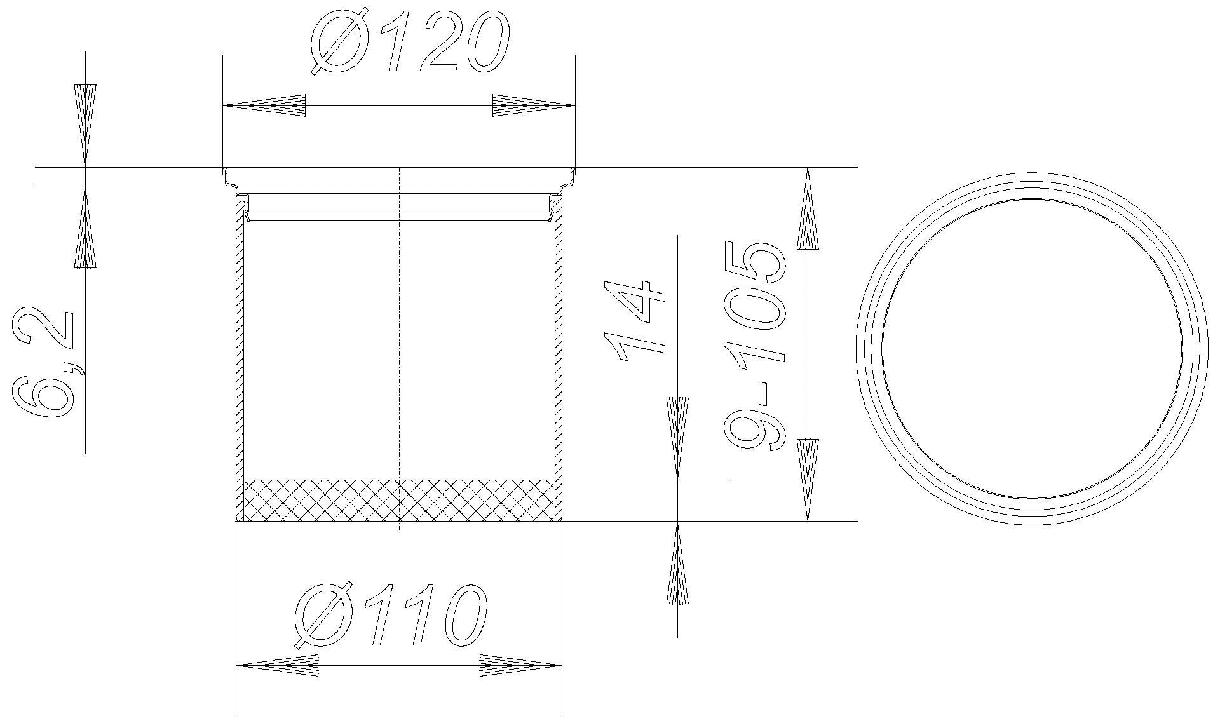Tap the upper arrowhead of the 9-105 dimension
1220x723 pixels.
tap(808, 210)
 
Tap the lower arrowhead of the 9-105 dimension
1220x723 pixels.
tap(808, 480)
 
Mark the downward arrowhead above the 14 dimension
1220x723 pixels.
tap(677, 438)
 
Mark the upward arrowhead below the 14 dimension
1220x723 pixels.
tap(677, 562)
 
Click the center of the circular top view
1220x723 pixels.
tap(1032, 348)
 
